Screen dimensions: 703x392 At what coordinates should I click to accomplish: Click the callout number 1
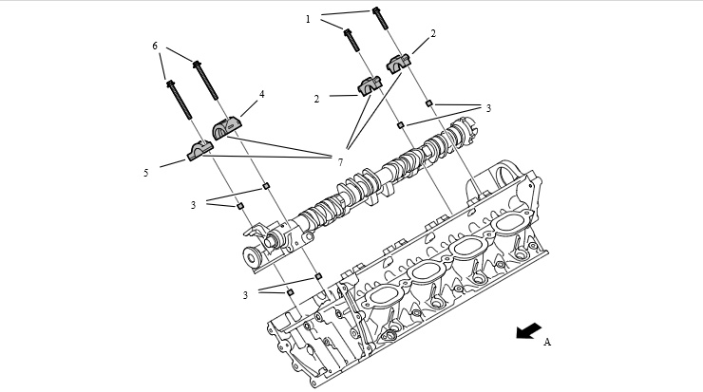[x=308, y=19]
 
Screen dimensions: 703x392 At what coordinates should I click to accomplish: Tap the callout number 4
[x=262, y=95]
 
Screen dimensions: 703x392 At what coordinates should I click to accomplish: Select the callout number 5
[x=145, y=173]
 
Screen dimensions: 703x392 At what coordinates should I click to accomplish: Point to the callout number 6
[x=155, y=46]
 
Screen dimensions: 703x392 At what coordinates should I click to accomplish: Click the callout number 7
[x=340, y=162]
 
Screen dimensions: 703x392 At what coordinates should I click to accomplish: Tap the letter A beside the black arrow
[x=547, y=342]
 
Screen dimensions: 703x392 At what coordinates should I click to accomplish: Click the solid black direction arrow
[x=528, y=330]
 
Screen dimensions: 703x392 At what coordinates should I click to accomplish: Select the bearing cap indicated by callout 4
[x=226, y=128]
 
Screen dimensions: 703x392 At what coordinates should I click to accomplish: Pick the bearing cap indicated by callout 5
[x=199, y=151]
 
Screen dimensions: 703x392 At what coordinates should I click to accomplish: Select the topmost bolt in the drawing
[x=380, y=18]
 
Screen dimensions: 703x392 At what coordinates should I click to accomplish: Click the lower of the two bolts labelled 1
[x=351, y=40]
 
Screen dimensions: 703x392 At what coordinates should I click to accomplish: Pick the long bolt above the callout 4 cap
[x=205, y=80]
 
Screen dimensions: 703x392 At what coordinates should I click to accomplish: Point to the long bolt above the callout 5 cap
[x=179, y=100]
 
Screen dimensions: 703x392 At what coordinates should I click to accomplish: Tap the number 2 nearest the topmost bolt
[x=433, y=33]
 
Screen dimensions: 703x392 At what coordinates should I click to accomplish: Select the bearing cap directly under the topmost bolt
[x=399, y=64]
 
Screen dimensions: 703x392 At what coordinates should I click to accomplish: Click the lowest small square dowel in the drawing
[x=290, y=292]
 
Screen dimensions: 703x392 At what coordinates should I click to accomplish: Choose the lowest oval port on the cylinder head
[x=382, y=296]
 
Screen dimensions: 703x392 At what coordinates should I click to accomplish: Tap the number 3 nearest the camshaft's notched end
[x=488, y=108]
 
